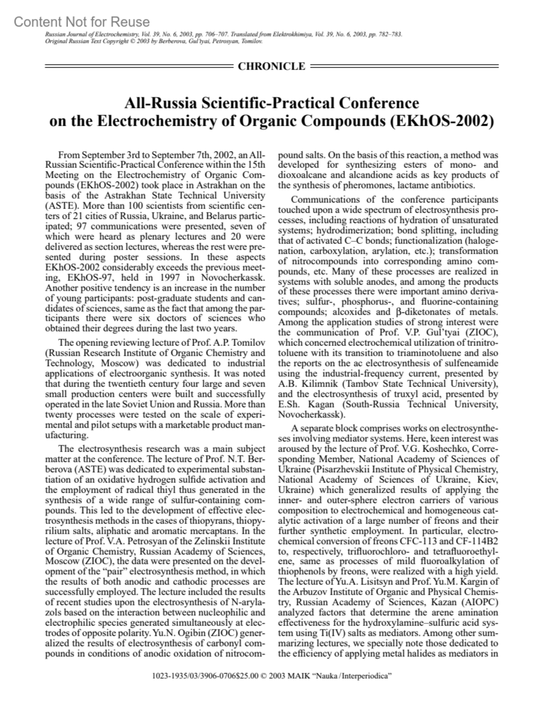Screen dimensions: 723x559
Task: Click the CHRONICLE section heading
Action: point(271,66)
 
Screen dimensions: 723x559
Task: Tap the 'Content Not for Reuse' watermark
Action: point(82,22)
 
